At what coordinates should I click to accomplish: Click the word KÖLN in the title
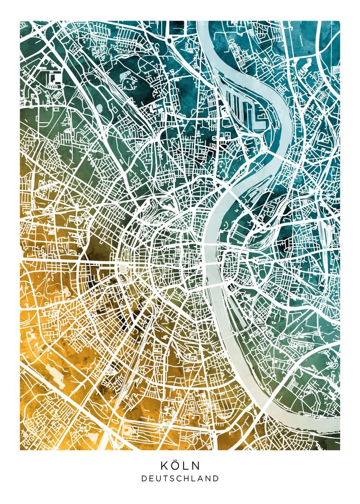[x=180, y=465]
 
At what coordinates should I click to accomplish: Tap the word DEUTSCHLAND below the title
[x=180, y=478]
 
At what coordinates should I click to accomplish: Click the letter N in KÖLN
[x=196, y=466]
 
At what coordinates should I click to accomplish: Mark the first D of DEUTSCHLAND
[x=144, y=478]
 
